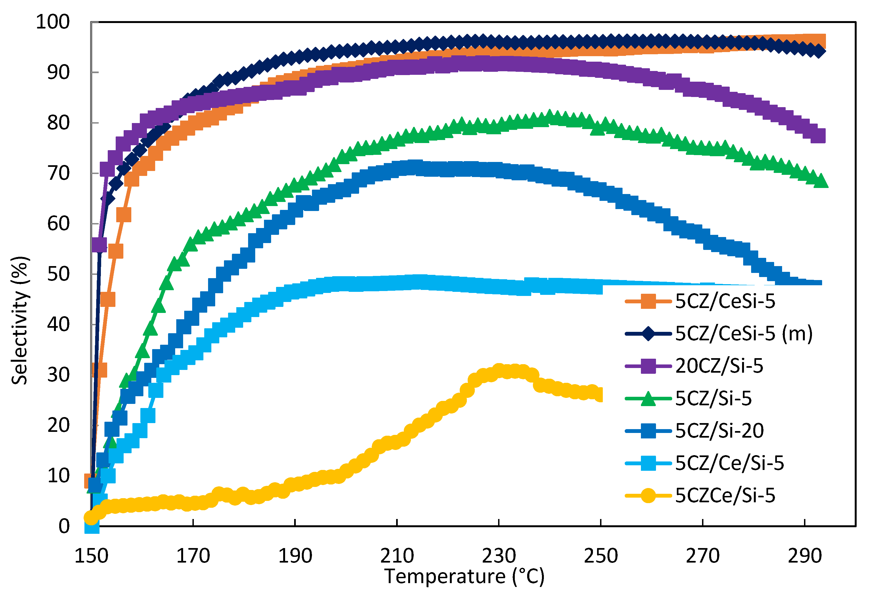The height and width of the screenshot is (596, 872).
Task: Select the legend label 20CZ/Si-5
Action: [x=719, y=366]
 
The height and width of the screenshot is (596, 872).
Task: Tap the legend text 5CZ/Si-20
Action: [x=719, y=430]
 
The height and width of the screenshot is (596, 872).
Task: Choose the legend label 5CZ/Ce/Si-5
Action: [x=729, y=463]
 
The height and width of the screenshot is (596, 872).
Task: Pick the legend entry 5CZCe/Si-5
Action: [x=725, y=495]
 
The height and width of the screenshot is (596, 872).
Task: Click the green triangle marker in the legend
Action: [x=648, y=399]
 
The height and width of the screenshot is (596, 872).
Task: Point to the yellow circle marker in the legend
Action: [x=648, y=495]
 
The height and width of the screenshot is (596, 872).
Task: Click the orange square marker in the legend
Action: [x=648, y=301]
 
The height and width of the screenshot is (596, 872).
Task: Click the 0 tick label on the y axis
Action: [x=64, y=526]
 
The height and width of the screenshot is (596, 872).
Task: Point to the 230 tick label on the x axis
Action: [x=499, y=555]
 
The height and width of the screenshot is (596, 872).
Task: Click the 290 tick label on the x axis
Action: [x=805, y=555]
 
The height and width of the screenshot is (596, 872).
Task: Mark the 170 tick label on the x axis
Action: [x=193, y=555]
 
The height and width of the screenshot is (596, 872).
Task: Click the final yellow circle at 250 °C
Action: [x=600, y=395]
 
